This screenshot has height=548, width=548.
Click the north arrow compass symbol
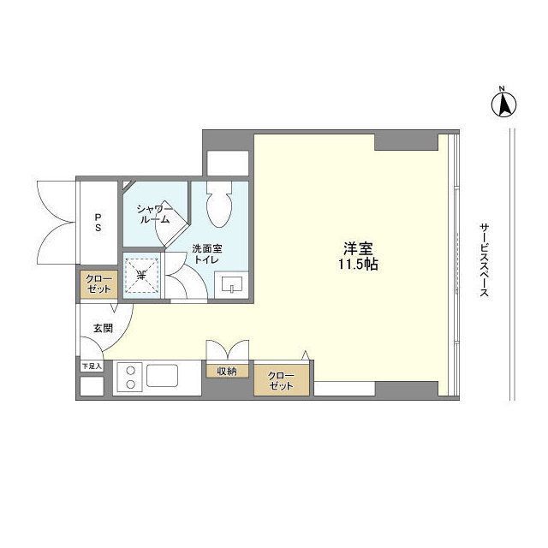coord(503,104)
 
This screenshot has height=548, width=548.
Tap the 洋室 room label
coord(358,248)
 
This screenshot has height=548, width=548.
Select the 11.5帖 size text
coord(358,265)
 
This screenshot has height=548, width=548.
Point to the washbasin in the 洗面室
coord(231,283)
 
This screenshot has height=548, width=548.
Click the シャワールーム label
coord(154,214)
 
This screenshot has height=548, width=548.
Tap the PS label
coord(98,222)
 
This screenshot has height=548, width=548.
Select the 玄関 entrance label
coord(103,328)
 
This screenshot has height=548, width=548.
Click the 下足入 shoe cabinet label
coord(92,366)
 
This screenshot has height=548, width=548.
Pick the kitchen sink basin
coord(162,376)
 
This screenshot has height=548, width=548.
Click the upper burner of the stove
coord(131,371)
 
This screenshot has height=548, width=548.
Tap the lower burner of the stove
coord(131,384)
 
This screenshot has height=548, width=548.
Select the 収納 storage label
coord(227,371)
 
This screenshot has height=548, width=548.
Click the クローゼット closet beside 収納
coord(282,380)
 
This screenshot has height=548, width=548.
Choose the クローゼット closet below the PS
coord(99,284)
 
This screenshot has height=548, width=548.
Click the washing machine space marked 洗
coord(142,276)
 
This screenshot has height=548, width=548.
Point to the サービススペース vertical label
coord(484,260)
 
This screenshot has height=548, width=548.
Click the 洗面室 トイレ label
coord(207,254)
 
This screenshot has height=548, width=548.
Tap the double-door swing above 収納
coord(228,350)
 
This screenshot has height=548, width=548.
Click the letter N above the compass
coord(502,88)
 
